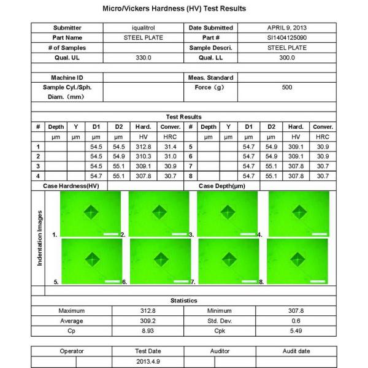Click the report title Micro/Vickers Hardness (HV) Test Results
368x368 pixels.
pyautogui.click(x=184, y=9)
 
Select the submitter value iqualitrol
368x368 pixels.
pyautogui.click(x=142, y=28)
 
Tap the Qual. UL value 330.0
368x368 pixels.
pyautogui.click(x=142, y=58)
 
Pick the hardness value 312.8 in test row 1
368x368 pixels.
pyautogui.click(x=142, y=147)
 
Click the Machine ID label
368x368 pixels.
pyautogui.click(x=67, y=78)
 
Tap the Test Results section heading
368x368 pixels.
pyautogui.click(x=184, y=117)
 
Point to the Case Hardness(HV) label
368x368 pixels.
pyautogui.click(x=71, y=186)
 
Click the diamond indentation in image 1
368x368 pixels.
pyautogui.click(x=93, y=212)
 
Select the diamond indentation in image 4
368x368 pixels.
pyautogui.click(x=298, y=212)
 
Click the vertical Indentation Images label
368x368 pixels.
pyautogui.click(x=40, y=238)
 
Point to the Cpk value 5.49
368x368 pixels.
pyautogui.click(x=296, y=331)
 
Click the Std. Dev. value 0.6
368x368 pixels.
pyautogui.click(x=296, y=321)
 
